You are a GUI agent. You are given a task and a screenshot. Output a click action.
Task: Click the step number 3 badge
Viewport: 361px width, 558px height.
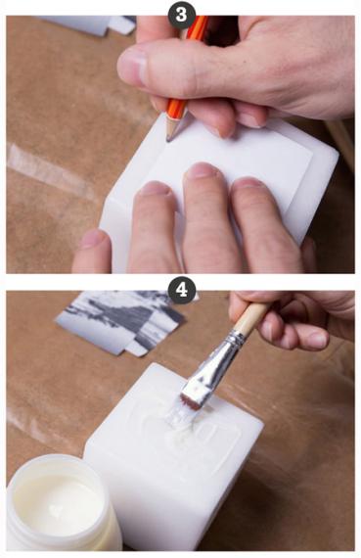pos(182,15)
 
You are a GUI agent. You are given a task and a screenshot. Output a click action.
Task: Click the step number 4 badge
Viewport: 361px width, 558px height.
pos(182,290)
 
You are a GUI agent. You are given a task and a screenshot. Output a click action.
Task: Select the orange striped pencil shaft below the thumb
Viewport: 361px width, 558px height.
pos(177,110)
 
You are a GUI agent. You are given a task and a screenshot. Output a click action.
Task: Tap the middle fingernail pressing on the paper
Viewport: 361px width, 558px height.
pos(200,170)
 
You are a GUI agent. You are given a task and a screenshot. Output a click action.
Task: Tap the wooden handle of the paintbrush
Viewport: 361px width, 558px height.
pos(250,317)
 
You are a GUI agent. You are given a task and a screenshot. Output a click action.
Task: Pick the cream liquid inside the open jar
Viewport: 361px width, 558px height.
pos(57,500)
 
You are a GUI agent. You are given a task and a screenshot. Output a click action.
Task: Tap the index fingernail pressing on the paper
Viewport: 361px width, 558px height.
pos(156,188)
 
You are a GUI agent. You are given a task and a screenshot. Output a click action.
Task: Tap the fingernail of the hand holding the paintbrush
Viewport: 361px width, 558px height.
pos(318,340)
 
